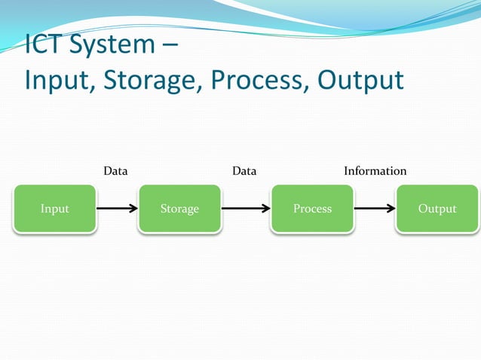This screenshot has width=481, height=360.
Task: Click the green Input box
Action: [54, 209]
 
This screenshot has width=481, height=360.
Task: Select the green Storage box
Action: [179, 209]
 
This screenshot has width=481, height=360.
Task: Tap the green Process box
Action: [312, 209]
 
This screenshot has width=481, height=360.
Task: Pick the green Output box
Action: [437, 209]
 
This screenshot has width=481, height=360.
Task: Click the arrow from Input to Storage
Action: [117, 209]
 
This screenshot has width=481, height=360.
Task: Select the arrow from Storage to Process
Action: [246, 209]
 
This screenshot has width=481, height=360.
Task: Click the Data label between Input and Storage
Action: [115, 171]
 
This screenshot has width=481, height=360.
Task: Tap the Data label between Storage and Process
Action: [244, 171]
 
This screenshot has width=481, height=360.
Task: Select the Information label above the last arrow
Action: [375, 171]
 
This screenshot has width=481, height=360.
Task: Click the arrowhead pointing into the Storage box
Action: [132, 209]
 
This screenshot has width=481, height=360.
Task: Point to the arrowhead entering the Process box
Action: [265, 209]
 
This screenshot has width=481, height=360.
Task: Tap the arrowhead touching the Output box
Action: [390, 209]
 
